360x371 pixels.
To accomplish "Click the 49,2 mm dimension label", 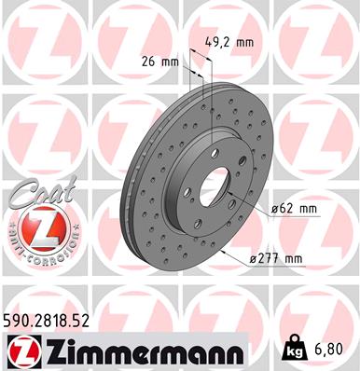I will point(228,42).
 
